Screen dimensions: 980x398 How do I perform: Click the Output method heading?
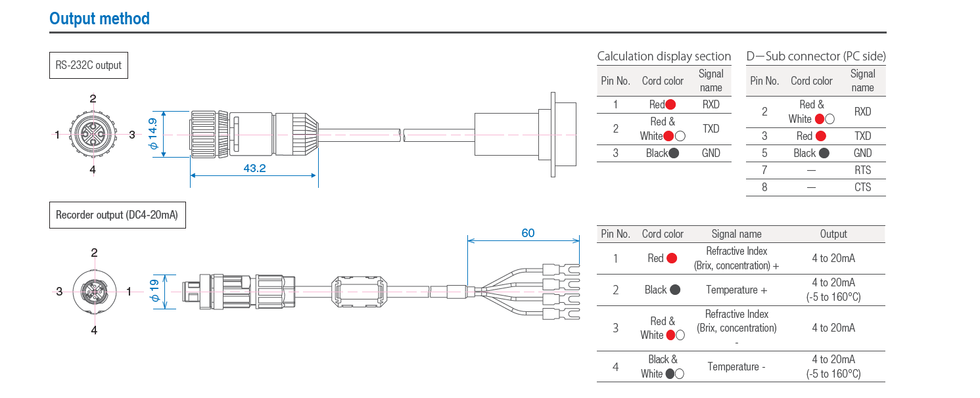tap(99, 18)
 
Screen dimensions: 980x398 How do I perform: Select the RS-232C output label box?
tap(88, 65)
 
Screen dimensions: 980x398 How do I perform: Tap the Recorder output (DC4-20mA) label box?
tap(117, 215)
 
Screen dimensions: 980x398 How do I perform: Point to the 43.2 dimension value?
tap(254, 168)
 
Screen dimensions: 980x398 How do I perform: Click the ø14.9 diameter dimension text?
tap(152, 133)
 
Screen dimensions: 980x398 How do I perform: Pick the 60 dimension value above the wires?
tap(528, 232)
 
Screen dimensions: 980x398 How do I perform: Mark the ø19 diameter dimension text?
tap(154, 291)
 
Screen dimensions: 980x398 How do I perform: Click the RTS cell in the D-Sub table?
tap(862, 170)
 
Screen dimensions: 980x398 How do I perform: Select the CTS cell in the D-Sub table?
tap(862, 187)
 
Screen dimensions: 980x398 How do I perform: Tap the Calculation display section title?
tap(664, 56)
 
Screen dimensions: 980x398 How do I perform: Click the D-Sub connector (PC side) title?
tap(816, 56)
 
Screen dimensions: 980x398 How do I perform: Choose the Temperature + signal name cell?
tap(736, 290)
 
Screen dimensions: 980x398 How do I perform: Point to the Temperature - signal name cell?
tap(736, 366)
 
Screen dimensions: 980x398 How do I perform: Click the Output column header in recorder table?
tap(833, 234)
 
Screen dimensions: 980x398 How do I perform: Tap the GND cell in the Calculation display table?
tap(711, 153)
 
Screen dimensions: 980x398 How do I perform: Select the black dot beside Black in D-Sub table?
tap(824, 153)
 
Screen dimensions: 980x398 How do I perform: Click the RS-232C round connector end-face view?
tap(93, 134)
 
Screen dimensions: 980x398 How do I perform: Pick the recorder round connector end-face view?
tap(95, 292)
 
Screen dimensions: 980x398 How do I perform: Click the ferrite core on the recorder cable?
tap(359, 292)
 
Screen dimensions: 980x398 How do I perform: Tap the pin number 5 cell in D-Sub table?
tap(764, 153)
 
